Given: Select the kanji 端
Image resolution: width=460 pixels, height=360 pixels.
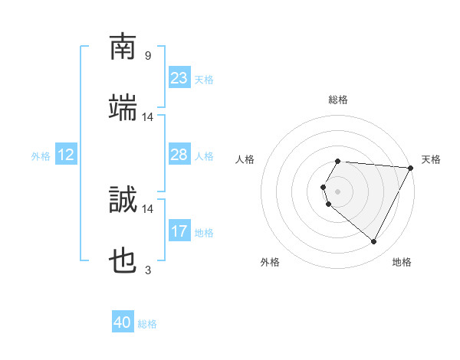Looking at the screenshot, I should pos(123,108).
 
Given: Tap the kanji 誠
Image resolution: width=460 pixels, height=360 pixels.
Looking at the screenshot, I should pos(123,200).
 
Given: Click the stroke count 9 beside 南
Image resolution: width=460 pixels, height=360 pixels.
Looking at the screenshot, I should pos(147,55).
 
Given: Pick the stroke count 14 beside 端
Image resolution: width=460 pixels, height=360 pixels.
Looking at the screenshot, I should pos(148,116).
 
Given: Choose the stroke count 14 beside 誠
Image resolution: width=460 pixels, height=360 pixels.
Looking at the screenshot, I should pos(148,208).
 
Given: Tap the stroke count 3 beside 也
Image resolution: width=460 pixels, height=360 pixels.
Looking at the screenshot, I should pos(147,270).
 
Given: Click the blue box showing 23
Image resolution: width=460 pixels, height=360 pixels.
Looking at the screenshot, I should pos(179,78).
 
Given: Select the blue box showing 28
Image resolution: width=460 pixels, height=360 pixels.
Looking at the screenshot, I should pos(179,155).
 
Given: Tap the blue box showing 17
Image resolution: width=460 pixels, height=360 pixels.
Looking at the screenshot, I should pos(179,231).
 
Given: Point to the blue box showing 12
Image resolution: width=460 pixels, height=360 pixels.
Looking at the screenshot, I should pos(66,155).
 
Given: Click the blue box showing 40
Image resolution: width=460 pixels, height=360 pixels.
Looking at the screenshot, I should pos(123,322).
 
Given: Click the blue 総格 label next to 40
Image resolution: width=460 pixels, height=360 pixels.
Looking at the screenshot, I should pos(147,324).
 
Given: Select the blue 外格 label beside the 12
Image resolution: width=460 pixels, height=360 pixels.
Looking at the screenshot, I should pos(41,156).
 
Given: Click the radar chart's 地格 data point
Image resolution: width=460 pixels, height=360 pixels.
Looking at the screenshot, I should pos(374,242).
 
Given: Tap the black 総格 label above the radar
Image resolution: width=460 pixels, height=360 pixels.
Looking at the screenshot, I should pos(337,100).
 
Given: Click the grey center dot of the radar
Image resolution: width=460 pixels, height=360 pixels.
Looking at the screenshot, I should pos(337,191).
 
